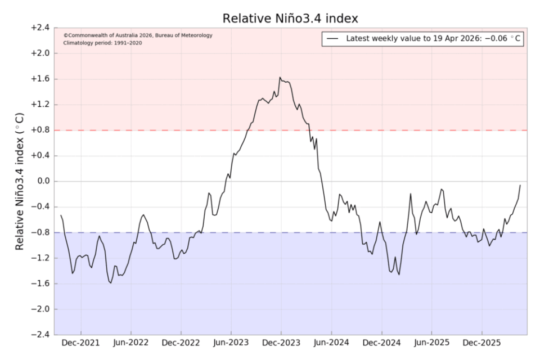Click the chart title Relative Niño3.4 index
click(x=290, y=18)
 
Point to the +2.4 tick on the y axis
click(x=39, y=28)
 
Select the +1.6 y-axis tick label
click(x=39, y=79)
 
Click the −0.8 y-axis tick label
click(x=39, y=232)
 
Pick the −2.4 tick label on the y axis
click(x=39, y=335)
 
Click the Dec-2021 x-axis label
click(x=80, y=343)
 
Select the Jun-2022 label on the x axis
click(x=130, y=343)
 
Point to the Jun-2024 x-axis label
click(x=331, y=343)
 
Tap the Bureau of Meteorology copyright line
click(x=138, y=35)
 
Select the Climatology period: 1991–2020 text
click(x=102, y=43)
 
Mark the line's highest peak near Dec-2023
click(x=280, y=78)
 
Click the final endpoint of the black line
click(x=520, y=185)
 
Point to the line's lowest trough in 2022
click(x=111, y=282)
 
